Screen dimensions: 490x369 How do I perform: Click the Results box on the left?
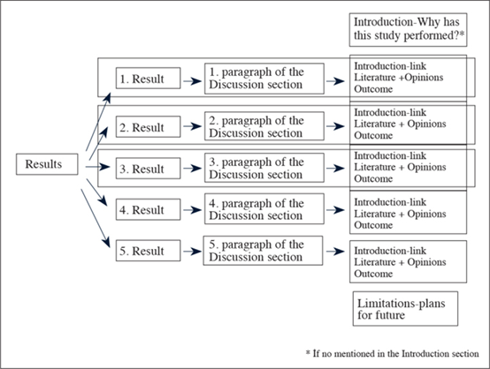pyautogui.click(x=47, y=164)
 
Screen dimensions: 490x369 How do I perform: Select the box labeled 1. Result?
pyautogui.click(x=148, y=78)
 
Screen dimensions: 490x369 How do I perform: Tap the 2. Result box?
pyautogui.click(x=148, y=126)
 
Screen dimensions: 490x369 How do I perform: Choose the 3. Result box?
pyautogui.click(x=148, y=169)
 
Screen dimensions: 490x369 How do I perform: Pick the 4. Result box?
pyautogui.click(x=148, y=209)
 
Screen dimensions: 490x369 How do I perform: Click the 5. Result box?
pyautogui.click(x=148, y=251)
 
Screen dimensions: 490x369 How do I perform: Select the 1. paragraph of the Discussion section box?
pyautogui.click(x=264, y=79)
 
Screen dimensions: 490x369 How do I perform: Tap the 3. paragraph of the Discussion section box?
pyautogui.click(x=264, y=168)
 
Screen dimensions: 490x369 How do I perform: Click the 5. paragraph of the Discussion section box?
pyautogui.click(x=263, y=251)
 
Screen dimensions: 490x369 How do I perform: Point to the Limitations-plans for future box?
pyautogui.click(x=405, y=309)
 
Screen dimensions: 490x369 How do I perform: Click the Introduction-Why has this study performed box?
pyautogui.click(x=408, y=30)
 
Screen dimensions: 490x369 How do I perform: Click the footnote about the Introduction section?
pyautogui.click(x=392, y=353)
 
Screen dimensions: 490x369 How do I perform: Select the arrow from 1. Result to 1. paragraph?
pyautogui.click(x=193, y=81)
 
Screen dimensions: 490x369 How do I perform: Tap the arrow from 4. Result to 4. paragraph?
pyautogui.click(x=193, y=210)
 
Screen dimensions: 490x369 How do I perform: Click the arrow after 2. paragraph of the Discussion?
pyautogui.click(x=335, y=126)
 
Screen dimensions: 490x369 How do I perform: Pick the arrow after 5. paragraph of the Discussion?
pyautogui.click(x=335, y=251)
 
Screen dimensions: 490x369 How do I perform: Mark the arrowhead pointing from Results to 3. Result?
pyautogui.click(x=105, y=167)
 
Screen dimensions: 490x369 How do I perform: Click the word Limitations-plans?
pyautogui.click(x=402, y=303)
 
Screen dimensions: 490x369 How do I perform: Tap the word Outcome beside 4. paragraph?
pyautogui.click(x=373, y=225)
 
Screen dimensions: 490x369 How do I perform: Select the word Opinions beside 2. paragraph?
pyautogui.click(x=426, y=124)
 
